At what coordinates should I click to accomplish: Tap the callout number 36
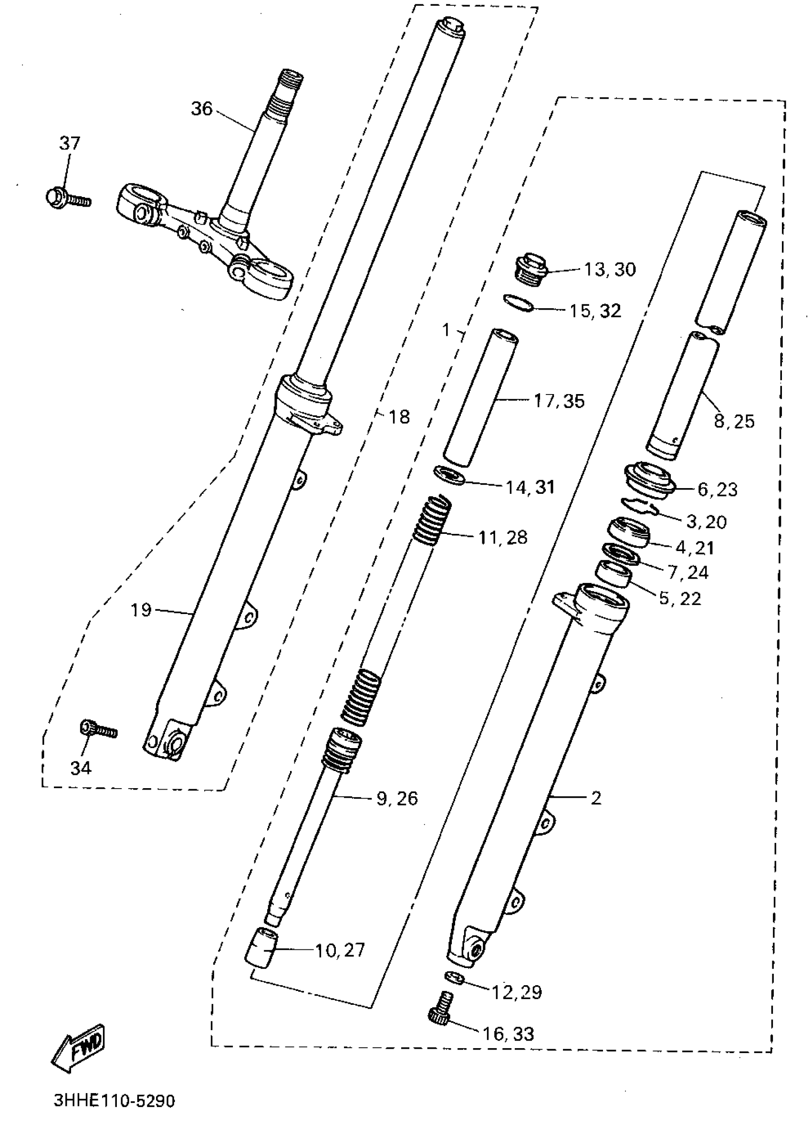pyautogui.click(x=201, y=109)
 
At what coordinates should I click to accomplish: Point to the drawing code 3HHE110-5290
pyautogui.click(x=114, y=1101)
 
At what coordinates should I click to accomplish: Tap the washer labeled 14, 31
pyautogui.click(x=450, y=475)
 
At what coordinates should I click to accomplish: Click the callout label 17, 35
pyautogui.click(x=559, y=401)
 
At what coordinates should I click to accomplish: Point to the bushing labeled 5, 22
pyautogui.click(x=613, y=574)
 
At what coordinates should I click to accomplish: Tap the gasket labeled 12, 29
pyautogui.click(x=454, y=978)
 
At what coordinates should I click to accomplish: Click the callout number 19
pyautogui.click(x=140, y=610)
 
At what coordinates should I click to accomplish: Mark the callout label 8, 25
pyautogui.click(x=734, y=421)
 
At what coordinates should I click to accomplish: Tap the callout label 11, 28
pyautogui.click(x=502, y=537)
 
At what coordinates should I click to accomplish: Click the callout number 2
pyautogui.click(x=596, y=798)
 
